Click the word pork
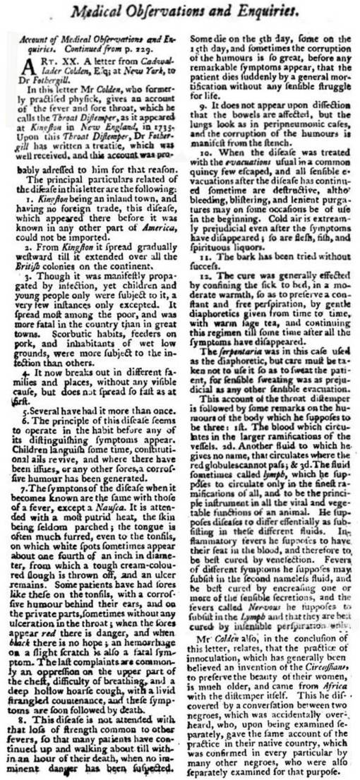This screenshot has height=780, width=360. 31,322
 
